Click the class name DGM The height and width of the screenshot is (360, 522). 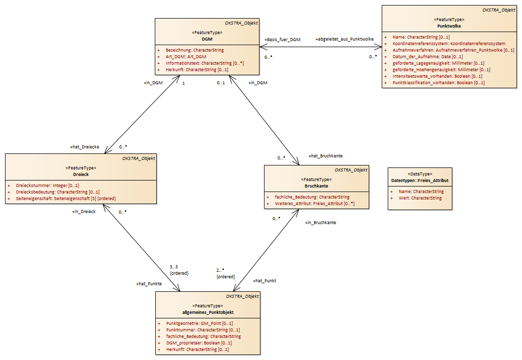pyautogui.click(x=207, y=39)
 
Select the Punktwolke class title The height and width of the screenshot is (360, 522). pyautogui.click(x=449, y=26)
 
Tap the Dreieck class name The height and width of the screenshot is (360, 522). pyautogui.click(x=81, y=174)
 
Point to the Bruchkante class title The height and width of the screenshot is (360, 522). pyautogui.click(x=316, y=186)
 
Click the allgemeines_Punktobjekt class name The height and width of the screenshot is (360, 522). pyautogui.click(x=208, y=312)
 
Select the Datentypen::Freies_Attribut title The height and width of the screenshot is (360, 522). pyautogui.click(x=420, y=181)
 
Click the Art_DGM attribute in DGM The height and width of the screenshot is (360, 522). pyautogui.click(x=186, y=57)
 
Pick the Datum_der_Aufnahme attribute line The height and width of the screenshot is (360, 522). pyautogui.click(x=427, y=57)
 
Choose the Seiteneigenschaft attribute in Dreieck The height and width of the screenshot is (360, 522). pyautogui.click(x=66, y=199)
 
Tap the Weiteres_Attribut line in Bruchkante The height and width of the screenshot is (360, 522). pyautogui.click(x=315, y=204)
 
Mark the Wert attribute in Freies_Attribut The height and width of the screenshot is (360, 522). pyautogui.click(x=420, y=198)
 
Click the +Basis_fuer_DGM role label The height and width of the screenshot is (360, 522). pyautogui.click(x=283, y=39)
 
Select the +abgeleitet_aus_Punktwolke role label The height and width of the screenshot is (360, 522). pyautogui.click(x=345, y=39)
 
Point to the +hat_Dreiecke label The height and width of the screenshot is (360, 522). pyautogui.click(x=85, y=147)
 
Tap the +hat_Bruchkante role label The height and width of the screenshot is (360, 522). pyautogui.click(x=326, y=155)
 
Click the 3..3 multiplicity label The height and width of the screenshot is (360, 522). pyautogui.click(x=174, y=267)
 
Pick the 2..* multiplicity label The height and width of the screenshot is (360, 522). pyautogui.click(x=220, y=270)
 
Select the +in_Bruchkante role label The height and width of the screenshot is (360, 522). pyautogui.click(x=321, y=222)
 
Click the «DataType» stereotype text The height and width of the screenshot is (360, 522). pyautogui.click(x=420, y=174)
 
